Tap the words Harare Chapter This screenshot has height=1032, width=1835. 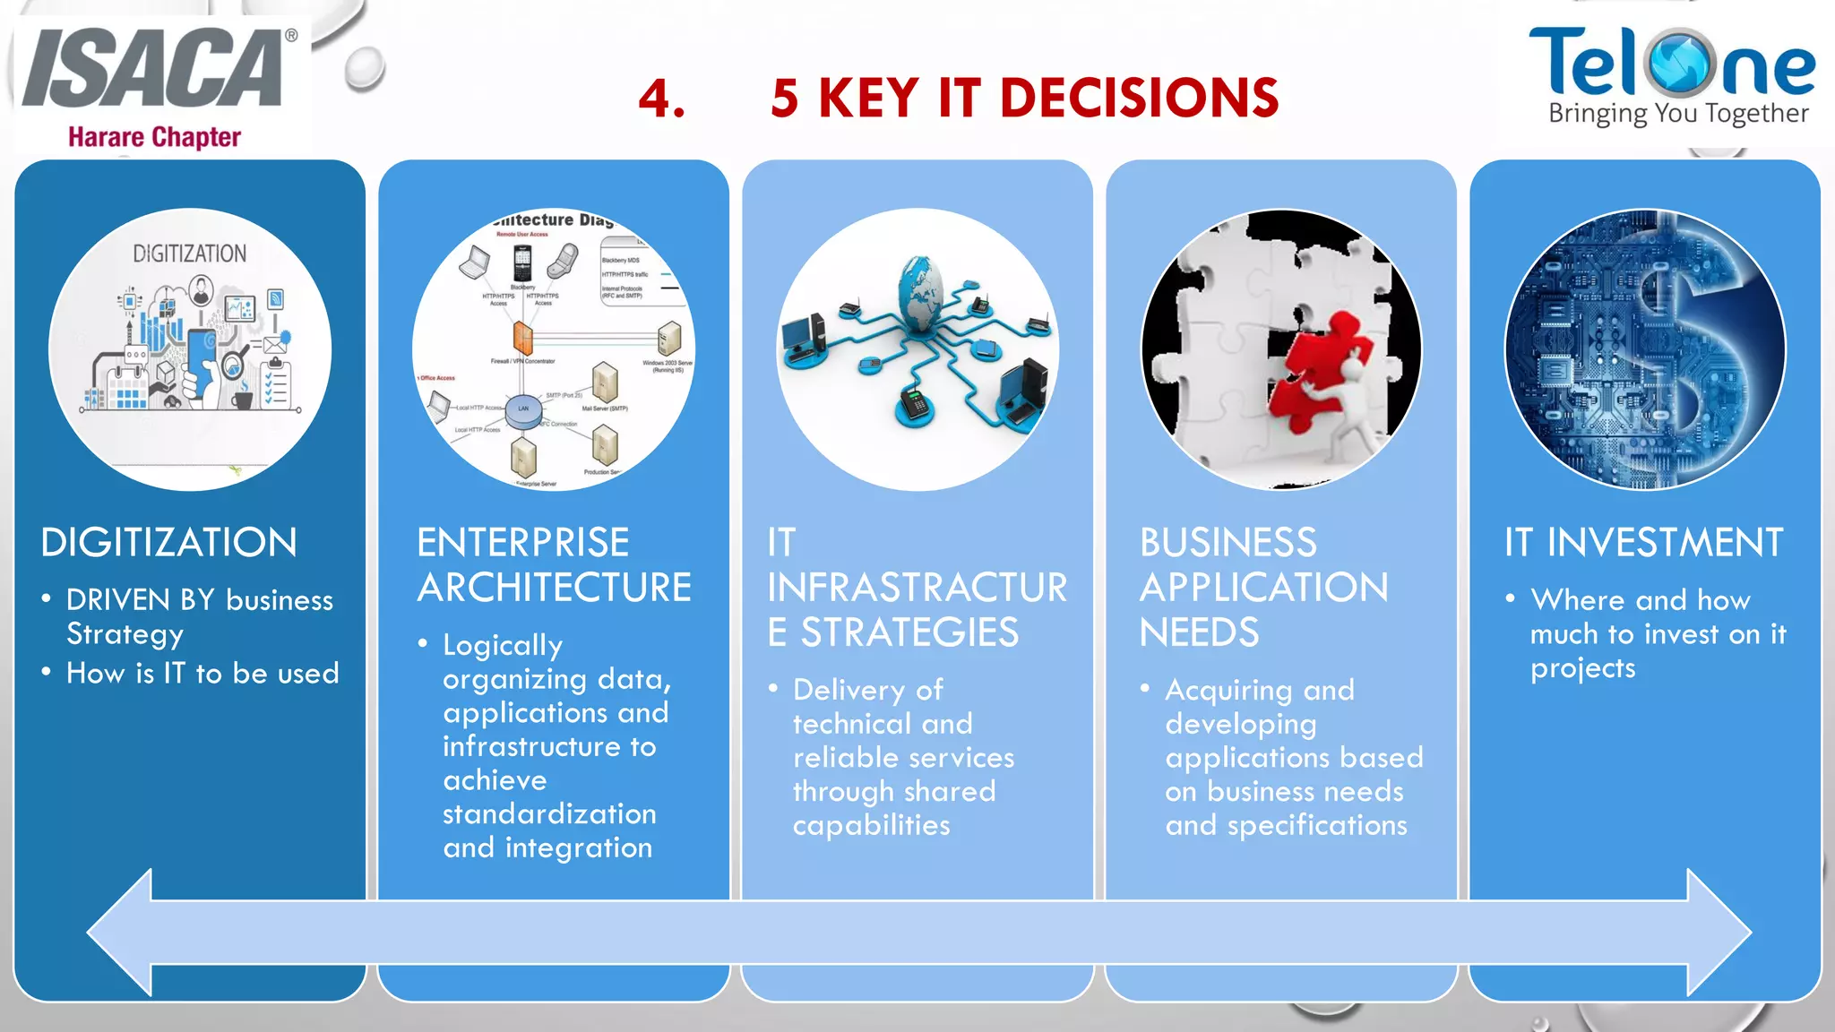(x=154, y=137)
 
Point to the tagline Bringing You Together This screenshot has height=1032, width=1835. (x=1678, y=114)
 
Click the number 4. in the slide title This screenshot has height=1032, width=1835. (x=662, y=99)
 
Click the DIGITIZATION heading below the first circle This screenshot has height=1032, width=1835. (x=168, y=543)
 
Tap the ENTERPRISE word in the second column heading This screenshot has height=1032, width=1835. (x=523, y=543)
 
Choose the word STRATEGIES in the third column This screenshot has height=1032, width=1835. (x=909, y=633)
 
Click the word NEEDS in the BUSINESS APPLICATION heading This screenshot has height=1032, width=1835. (x=1199, y=633)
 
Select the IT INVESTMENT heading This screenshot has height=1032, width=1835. (x=1643, y=543)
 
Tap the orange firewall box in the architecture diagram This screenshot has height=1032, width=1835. (x=522, y=339)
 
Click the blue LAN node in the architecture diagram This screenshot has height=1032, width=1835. (x=523, y=409)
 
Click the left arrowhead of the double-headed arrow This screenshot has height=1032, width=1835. (x=121, y=933)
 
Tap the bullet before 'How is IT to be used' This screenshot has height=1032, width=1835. (x=46, y=672)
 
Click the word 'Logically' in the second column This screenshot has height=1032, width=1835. (x=503, y=646)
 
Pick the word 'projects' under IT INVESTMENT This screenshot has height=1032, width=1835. (x=1582, y=669)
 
